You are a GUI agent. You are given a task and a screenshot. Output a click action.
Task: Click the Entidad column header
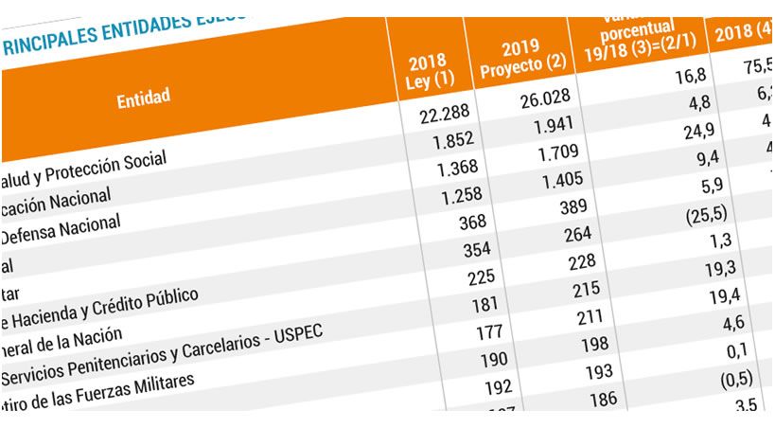144,98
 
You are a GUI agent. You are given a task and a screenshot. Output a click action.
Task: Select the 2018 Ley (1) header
428,72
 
